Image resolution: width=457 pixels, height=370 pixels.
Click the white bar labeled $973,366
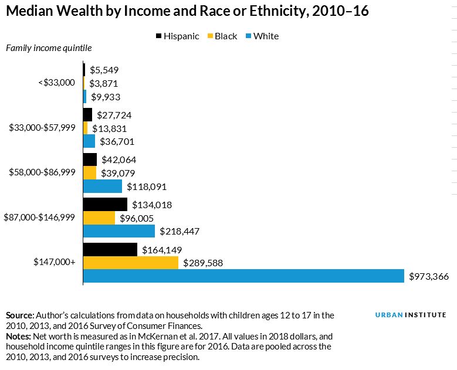point(243,276)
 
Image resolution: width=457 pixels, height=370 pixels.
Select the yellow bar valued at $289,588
point(131,263)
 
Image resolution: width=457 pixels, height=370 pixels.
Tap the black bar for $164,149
point(110,250)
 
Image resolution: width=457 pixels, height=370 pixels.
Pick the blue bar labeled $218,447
point(119,231)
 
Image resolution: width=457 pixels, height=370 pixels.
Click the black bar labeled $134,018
point(105,205)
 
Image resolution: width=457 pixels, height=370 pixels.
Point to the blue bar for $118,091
point(103,186)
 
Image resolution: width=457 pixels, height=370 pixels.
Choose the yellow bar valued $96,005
point(99,218)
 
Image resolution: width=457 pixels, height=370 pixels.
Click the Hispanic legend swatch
point(159,36)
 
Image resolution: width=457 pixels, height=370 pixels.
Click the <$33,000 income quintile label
point(57,83)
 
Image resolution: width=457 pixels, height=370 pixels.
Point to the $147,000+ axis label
point(55,262)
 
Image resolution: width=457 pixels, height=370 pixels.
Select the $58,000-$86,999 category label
point(42,172)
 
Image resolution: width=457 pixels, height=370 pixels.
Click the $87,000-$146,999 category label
point(40,217)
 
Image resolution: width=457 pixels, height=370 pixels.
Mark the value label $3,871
point(104,83)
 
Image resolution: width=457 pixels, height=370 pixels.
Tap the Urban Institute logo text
point(411,315)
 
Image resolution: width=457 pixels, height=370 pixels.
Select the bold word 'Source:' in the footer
point(20,315)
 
